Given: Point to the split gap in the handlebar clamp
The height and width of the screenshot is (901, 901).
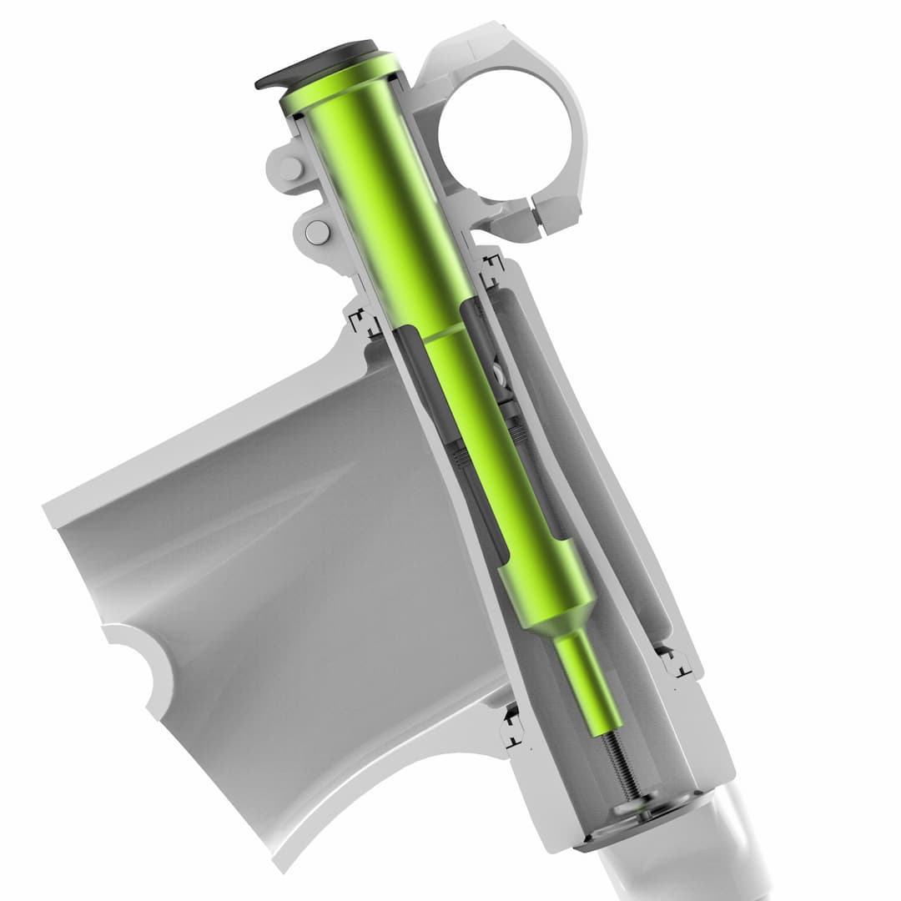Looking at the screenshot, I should (533, 214).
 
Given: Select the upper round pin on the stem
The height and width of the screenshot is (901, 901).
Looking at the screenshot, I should (289, 169).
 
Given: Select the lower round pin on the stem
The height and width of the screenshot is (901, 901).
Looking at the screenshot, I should (316, 232).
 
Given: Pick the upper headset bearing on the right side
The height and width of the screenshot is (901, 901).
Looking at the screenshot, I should (491, 265).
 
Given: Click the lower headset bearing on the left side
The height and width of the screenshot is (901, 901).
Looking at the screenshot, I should (511, 726).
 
